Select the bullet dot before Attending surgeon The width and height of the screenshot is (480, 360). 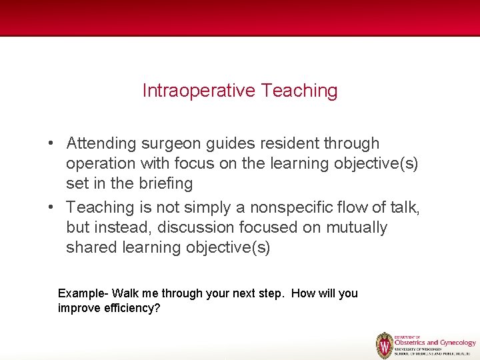(x=51, y=144)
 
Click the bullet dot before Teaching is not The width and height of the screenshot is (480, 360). (x=51, y=208)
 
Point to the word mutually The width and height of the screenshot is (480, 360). (x=356, y=227)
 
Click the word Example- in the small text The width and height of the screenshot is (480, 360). (x=83, y=293)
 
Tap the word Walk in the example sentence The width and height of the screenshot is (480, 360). (x=125, y=293)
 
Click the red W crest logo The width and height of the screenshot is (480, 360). (x=385, y=345)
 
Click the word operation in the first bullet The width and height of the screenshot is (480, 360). (x=101, y=163)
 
